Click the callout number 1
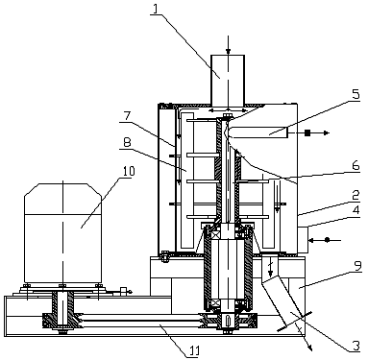pyautogui.click(x=156, y=9)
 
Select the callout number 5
pyautogui.click(x=356, y=95)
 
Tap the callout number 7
pyautogui.click(x=128, y=116)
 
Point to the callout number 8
pyautogui.click(x=127, y=142)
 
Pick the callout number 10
pyautogui.click(x=129, y=171)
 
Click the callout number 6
pyautogui.click(x=356, y=166)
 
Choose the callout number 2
pyautogui.click(x=356, y=195)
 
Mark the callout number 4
pyautogui.click(x=356, y=211)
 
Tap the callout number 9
pyautogui.click(x=357, y=265)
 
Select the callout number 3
pyautogui.click(x=356, y=346)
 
